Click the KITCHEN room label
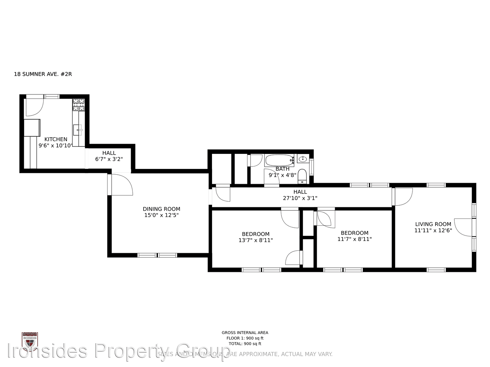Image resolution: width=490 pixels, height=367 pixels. click(56, 139)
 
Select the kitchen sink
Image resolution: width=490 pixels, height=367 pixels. click(78, 130)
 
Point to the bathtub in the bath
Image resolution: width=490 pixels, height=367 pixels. click(279, 160)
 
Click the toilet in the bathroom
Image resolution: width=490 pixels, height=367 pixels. click(302, 176)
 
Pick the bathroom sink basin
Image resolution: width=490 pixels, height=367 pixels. click(303, 159)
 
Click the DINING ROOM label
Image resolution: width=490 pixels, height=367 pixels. click(161, 209)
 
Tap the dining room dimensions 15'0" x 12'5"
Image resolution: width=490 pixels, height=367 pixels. click(161, 215)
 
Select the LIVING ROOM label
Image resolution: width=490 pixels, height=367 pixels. click(433, 224)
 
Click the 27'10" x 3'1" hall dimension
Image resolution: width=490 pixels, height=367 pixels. click(300, 198)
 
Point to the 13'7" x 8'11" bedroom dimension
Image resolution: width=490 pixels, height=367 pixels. click(256, 240)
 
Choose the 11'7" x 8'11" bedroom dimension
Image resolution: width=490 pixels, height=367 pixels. click(355, 239)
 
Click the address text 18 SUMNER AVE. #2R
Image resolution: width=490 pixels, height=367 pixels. click(43, 74)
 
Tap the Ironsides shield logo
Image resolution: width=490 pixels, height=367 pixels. click(30, 341)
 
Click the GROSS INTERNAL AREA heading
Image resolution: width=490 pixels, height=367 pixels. click(245, 333)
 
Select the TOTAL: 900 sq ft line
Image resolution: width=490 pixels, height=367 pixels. click(245, 344)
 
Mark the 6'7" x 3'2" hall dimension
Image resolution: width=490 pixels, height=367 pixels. click(109, 159)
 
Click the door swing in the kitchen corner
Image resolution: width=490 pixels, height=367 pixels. click(34, 107)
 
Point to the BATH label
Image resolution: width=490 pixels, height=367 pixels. click(282, 169)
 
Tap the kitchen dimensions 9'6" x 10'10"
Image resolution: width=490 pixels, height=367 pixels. click(56, 145)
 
